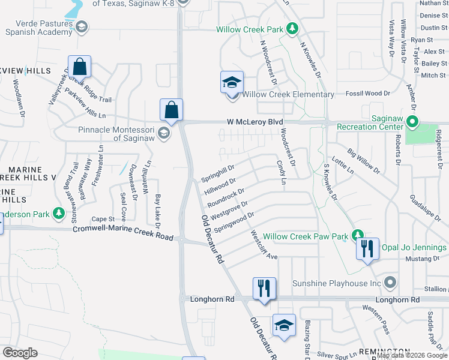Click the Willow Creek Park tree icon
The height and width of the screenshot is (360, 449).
(x=292, y=28)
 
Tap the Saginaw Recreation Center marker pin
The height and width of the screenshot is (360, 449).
(x=412, y=122)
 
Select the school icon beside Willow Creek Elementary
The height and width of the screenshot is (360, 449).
(x=231, y=83)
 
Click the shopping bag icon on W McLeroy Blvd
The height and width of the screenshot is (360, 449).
(x=171, y=110)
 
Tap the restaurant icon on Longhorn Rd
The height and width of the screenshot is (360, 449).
(x=264, y=288)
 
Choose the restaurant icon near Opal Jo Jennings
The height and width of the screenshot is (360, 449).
(x=367, y=249)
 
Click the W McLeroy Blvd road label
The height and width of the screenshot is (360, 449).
(x=255, y=122)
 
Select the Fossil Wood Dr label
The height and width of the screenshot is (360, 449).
(x=369, y=94)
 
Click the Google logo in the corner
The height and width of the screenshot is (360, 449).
(x=20, y=352)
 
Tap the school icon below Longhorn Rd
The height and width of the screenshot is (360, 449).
(x=284, y=325)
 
